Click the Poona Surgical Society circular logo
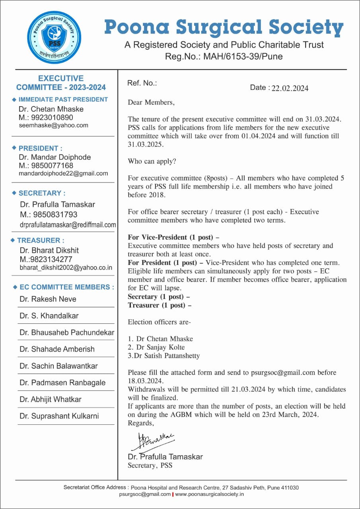coord(54,38)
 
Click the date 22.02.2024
coord(290,88)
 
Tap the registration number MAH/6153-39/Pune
coord(243,56)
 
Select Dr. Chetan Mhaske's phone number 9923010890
coord(52,117)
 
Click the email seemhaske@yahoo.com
coord(53,125)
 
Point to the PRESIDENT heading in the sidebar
coord(40,148)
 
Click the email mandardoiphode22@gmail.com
coord(63,173)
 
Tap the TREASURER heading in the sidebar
coord(40,240)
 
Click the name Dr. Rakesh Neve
coord(48,299)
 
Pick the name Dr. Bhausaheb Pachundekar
coord(67,332)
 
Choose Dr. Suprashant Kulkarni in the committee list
coord(59,416)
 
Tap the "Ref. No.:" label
coord(142,83)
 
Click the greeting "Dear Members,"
coord(151,103)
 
